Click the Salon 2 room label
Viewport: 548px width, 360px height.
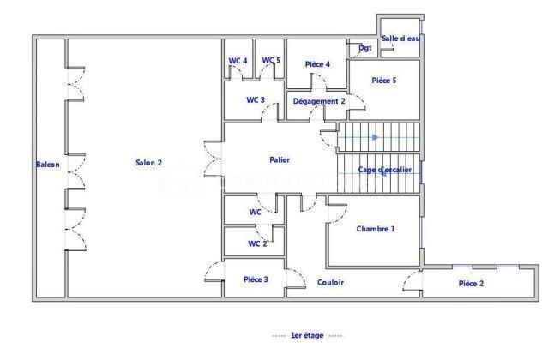148,164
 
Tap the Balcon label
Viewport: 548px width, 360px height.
47,165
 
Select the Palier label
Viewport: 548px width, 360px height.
280,159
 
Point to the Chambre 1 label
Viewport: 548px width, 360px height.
376,229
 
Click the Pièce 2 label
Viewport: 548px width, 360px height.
471,283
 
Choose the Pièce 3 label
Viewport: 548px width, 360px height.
256,279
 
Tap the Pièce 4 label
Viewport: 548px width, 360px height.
317,64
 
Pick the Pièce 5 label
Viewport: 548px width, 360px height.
384,81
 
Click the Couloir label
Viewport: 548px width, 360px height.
330,282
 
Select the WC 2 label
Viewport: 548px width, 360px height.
257,243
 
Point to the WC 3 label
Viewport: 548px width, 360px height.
255,100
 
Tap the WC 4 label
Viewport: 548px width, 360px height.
238,60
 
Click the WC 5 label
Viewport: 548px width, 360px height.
271,60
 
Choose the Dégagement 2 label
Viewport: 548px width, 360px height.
319,101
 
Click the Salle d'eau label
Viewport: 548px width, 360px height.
401,39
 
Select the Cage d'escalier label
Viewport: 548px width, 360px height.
384,170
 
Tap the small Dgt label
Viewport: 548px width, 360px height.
365,48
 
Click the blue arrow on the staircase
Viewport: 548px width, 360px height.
375,136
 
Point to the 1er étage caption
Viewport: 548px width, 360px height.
306,335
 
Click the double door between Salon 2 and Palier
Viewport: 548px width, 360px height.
211,159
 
